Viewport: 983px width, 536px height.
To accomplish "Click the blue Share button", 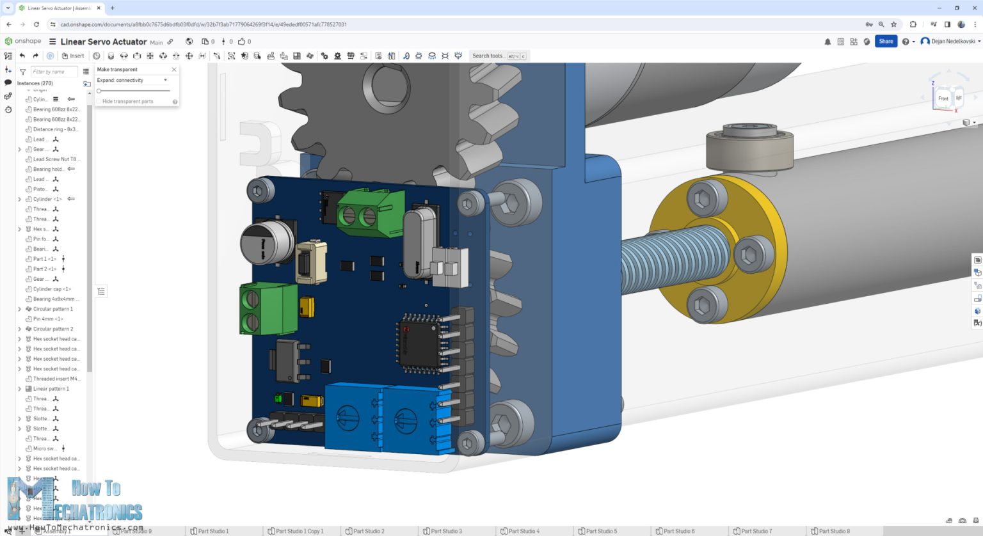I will click(x=886, y=42).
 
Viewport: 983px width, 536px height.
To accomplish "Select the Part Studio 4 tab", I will click(x=523, y=531).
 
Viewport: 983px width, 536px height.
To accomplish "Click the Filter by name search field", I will click(x=54, y=72).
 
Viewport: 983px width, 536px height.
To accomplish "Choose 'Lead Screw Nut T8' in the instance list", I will click(x=54, y=159).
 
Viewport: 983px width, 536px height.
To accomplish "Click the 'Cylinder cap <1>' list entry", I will click(x=52, y=289).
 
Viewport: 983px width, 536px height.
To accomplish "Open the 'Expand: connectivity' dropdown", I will click(x=132, y=81).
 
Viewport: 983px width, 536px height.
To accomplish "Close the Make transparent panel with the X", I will click(x=174, y=69).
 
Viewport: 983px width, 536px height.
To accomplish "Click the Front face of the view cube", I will click(x=943, y=99).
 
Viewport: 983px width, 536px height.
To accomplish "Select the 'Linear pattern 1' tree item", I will click(x=51, y=389).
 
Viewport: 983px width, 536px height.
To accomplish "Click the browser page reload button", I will click(x=36, y=24).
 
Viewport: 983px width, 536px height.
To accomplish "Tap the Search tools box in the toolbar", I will click(x=499, y=56).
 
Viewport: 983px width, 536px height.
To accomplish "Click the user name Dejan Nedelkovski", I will click(x=953, y=42).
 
